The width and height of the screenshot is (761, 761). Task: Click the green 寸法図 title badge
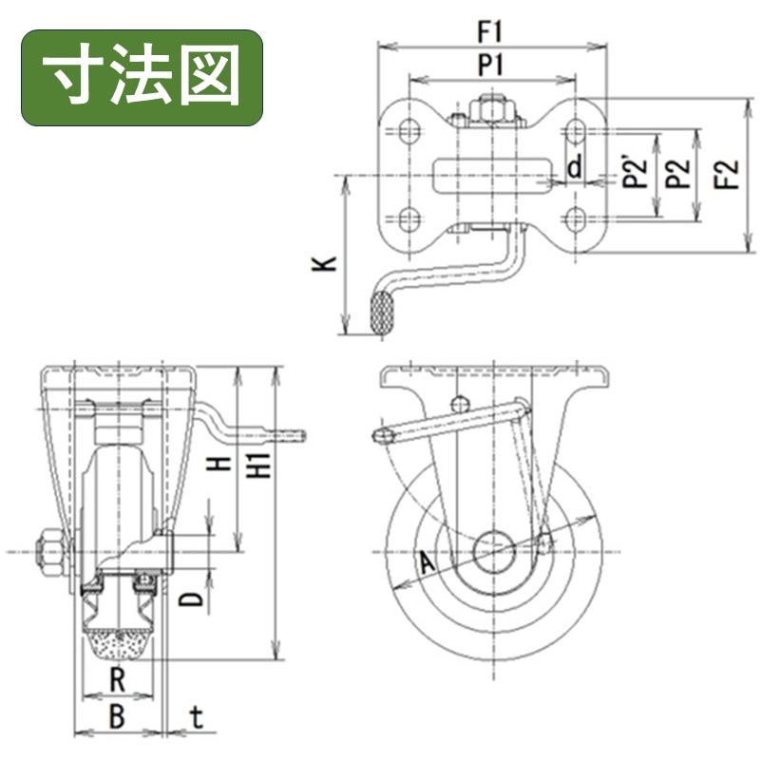[142, 78]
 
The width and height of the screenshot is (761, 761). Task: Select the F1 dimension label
[490, 32]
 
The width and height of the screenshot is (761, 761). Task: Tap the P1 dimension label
[491, 65]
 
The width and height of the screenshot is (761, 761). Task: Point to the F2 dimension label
[728, 174]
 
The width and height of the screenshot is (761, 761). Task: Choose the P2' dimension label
[637, 172]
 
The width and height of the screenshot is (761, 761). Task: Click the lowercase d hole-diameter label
[575, 167]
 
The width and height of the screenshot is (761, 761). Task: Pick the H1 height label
[260, 465]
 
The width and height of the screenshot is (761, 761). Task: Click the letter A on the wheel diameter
[427, 563]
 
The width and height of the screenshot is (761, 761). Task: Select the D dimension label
[194, 599]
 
